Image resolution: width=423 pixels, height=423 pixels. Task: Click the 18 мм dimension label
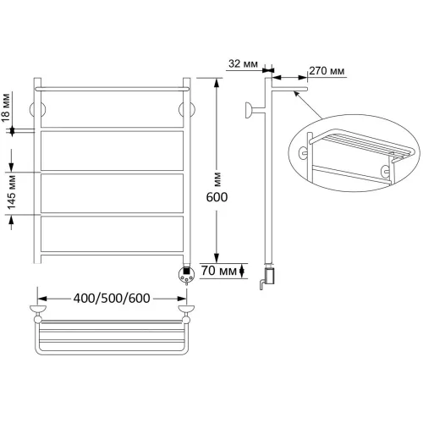pos(6,107)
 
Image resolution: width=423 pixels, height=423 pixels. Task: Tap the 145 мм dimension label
pos(12,193)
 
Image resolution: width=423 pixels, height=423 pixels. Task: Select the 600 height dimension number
pos(217,197)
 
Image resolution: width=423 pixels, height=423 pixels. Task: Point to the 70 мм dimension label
pos(219,271)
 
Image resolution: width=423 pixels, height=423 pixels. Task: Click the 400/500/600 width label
pos(112,298)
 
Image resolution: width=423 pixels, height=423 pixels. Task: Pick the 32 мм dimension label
pos(243,63)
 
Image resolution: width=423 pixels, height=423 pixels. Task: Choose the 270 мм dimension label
pos(327,70)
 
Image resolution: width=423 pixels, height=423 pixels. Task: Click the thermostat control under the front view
pos(186,275)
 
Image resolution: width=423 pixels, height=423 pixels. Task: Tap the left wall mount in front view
pos(37,109)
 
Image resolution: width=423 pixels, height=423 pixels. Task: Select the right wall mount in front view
pos(187,109)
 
